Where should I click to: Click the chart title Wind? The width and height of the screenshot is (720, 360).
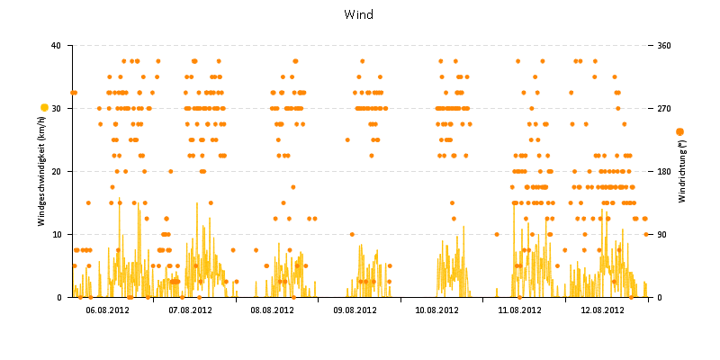tap(359, 14)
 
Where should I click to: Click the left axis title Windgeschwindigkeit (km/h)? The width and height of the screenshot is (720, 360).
tap(41, 172)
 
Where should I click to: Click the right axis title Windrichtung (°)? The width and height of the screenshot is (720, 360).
tap(682, 172)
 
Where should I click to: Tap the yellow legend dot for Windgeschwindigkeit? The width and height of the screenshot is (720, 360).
tap(44, 108)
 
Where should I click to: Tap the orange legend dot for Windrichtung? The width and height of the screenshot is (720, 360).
tap(679, 132)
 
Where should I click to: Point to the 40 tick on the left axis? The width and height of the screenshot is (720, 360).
tap(56, 45)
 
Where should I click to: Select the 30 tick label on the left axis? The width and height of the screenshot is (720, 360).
tap(56, 108)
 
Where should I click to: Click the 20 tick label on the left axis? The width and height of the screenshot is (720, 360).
tap(56, 171)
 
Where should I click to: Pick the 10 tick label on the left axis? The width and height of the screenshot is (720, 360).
tap(56, 234)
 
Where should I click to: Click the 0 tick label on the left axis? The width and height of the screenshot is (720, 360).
tap(58, 297)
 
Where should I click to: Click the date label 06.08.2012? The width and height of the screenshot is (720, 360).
tap(108, 310)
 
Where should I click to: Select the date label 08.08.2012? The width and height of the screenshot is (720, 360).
tap(273, 310)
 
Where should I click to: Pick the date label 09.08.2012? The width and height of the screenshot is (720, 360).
tap(355, 310)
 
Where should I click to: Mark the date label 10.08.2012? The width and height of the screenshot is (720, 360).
tap(437, 310)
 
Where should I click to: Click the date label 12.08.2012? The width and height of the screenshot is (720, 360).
tap(602, 310)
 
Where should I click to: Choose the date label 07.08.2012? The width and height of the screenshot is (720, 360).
tap(191, 310)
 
